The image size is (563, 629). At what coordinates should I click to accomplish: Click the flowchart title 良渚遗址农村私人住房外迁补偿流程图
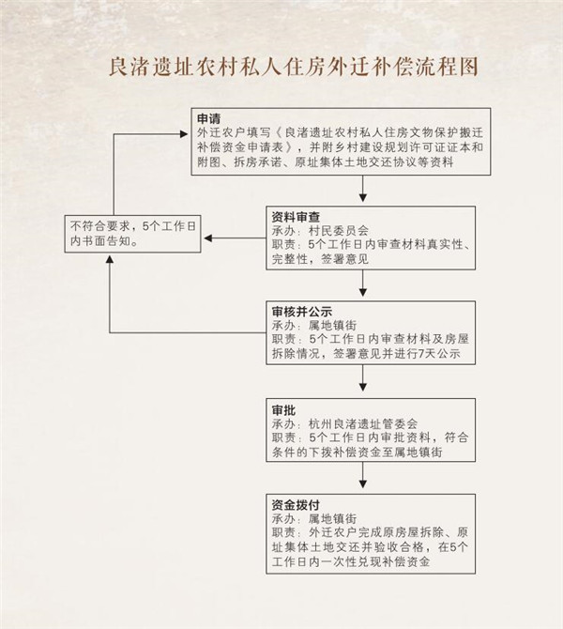294,67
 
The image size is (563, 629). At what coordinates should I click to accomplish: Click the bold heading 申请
208,118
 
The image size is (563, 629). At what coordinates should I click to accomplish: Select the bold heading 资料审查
296,217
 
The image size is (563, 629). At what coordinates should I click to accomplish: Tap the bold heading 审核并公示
301,312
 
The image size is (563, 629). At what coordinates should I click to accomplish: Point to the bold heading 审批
283,410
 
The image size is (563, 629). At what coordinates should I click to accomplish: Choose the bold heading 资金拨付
296,505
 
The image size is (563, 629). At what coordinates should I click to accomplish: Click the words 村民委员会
339,231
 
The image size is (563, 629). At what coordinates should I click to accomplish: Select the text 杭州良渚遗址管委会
363,423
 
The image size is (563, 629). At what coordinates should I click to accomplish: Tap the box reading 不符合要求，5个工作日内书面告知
132,234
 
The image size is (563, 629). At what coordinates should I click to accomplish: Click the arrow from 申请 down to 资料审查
363,189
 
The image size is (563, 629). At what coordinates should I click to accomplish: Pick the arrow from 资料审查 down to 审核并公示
363,284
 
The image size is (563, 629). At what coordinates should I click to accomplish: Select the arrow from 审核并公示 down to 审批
363,378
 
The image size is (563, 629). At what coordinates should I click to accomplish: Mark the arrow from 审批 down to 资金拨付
363,475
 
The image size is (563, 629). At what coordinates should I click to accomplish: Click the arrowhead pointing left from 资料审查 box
207,238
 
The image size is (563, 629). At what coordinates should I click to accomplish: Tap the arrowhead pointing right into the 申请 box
184,134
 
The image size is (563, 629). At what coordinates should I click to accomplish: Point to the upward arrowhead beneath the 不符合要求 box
110,259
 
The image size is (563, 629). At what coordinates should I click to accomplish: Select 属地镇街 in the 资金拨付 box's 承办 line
332,518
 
